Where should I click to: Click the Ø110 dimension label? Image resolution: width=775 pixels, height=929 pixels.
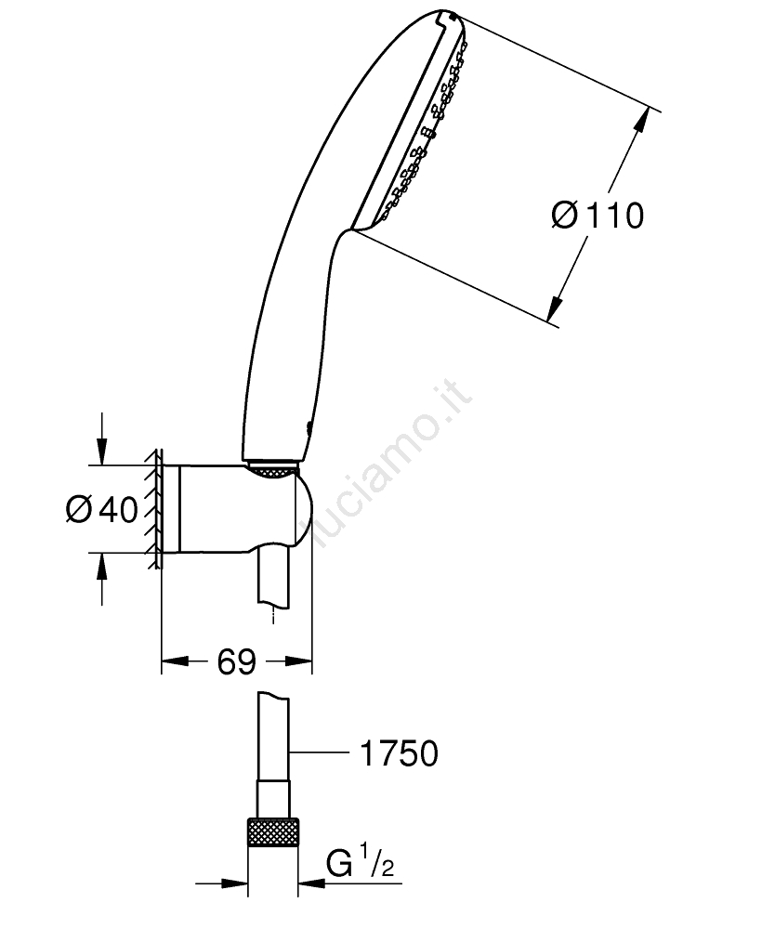coord(598,216)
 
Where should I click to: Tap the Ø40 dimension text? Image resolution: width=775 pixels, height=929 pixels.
coord(102,509)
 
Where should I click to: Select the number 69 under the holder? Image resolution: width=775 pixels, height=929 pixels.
coord(236,661)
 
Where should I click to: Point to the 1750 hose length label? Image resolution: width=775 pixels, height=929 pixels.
coord(400,753)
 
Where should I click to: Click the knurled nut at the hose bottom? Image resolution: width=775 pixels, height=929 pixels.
coord(272,833)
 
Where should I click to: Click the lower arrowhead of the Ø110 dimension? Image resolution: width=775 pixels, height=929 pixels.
coord(555,307)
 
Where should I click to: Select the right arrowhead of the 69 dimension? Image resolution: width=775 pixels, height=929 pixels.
coord(298,661)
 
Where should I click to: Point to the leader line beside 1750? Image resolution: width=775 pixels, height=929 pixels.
coord(319,752)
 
